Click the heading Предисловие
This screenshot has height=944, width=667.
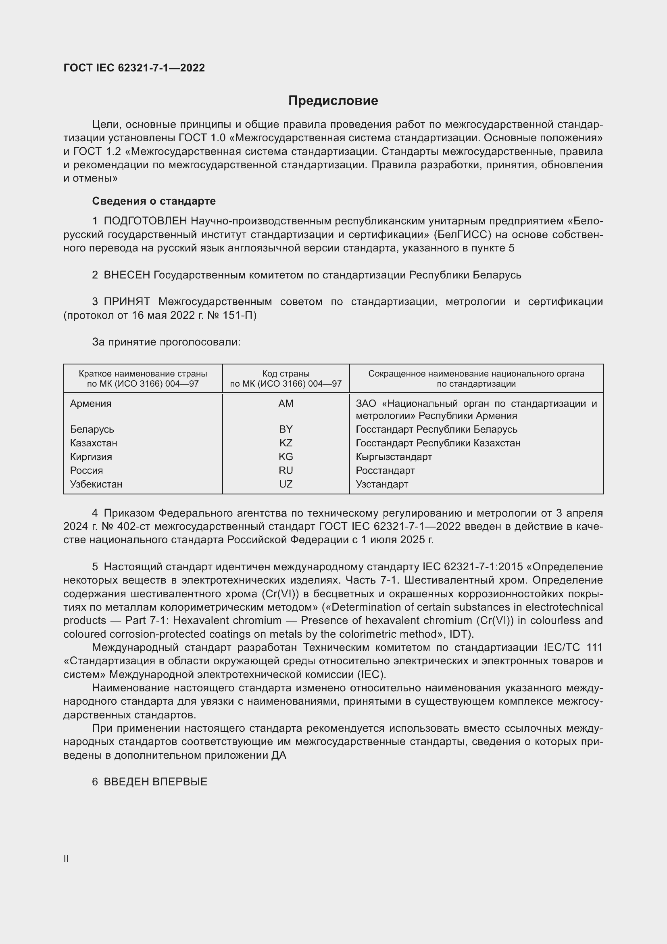point(333,101)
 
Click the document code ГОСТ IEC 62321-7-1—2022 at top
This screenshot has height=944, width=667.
point(134,68)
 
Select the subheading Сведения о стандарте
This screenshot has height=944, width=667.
point(154,201)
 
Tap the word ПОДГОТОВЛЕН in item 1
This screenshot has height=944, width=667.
point(146,221)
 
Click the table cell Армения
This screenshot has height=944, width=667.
point(91,403)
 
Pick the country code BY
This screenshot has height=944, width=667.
point(286,429)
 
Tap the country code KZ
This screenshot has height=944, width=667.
point(286,443)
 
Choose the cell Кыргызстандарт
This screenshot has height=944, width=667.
point(394,457)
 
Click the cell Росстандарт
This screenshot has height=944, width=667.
point(385,470)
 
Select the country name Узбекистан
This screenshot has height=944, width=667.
point(96,484)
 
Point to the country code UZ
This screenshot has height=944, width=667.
point(286,484)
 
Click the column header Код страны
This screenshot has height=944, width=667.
point(286,374)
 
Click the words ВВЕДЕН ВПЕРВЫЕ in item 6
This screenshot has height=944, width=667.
point(155,782)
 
